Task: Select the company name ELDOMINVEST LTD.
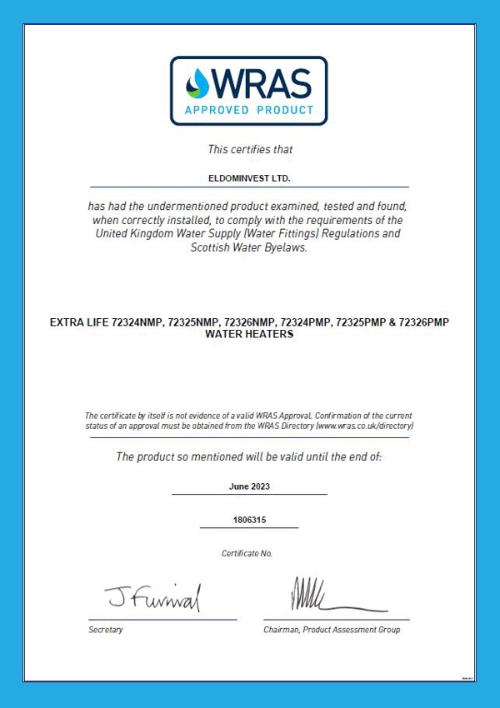pos(250,178)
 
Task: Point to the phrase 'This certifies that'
pos(250,150)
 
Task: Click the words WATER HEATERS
pos(250,333)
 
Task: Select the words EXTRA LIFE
pos(80,322)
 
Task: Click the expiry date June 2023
pos(250,486)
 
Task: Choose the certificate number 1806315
pos(249,520)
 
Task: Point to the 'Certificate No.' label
pos(247,553)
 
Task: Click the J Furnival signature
pos(152,596)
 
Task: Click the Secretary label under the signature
pos(106,630)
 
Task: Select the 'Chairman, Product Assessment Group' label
pos(332,630)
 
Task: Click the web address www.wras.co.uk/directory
pos(364,426)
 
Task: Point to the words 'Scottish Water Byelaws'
pos(248,247)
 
